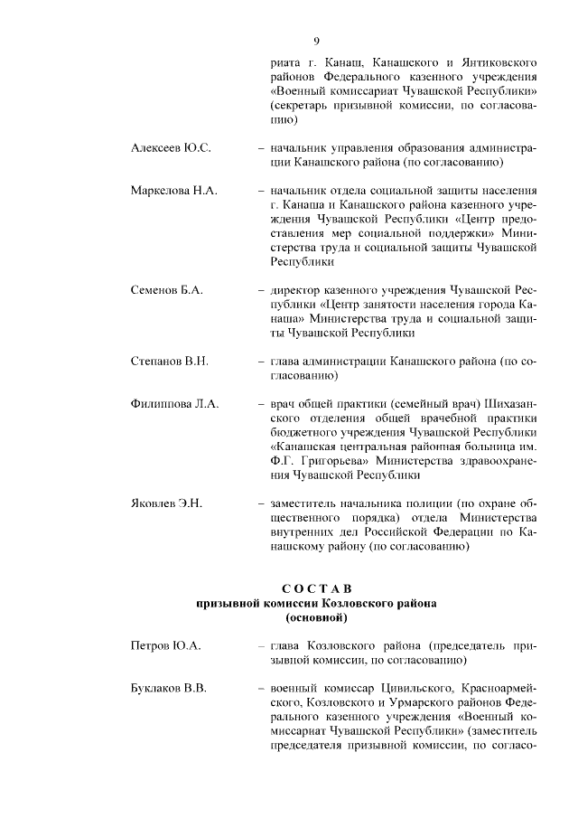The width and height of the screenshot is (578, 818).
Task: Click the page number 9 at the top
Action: (316, 41)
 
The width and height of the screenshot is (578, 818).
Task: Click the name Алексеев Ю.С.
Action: (171, 148)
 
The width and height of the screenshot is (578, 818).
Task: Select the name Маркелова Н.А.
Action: (175, 191)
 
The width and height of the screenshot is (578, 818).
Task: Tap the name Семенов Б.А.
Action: (167, 290)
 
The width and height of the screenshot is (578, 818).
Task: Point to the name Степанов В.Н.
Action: (170, 361)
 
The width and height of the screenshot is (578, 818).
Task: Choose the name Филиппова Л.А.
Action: (174, 403)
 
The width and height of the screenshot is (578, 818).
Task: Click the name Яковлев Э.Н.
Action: (167, 503)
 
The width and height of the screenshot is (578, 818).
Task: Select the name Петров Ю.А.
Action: (165, 645)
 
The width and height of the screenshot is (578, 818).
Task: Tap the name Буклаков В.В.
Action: (169, 688)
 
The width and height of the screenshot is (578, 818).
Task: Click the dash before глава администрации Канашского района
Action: (260, 361)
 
